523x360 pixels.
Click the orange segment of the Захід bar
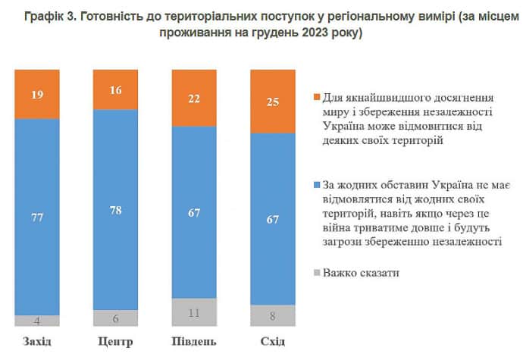(37, 95)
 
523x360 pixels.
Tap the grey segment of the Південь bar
(195, 311)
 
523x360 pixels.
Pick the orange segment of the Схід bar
(274, 101)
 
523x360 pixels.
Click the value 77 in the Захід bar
(37, 218)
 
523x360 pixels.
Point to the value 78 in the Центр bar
(116, 212)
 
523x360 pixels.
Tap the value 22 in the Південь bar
(195, 99)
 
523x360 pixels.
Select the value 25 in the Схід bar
(274, 102)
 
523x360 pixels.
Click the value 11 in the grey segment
(195, 311)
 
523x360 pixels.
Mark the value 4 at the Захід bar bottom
(37, 319)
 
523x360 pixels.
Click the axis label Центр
(116, 342)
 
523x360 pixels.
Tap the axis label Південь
(195, 342)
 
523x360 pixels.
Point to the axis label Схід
(273, 342)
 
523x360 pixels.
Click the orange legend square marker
(315, 98)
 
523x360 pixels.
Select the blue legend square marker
(315, 185)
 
